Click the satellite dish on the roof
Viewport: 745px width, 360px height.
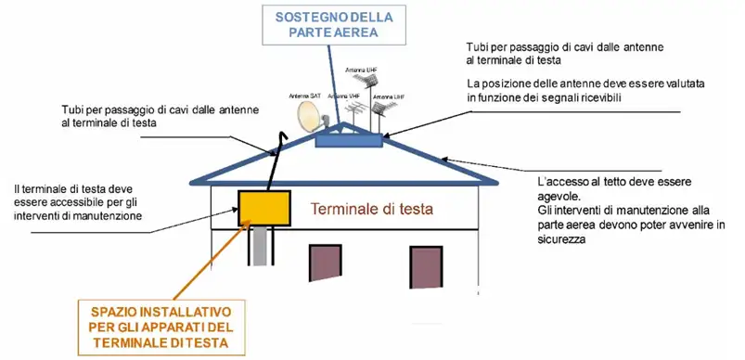point(308,118)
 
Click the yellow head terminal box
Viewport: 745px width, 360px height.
point(263,205)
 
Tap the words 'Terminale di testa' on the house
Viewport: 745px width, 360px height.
point(370,211)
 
